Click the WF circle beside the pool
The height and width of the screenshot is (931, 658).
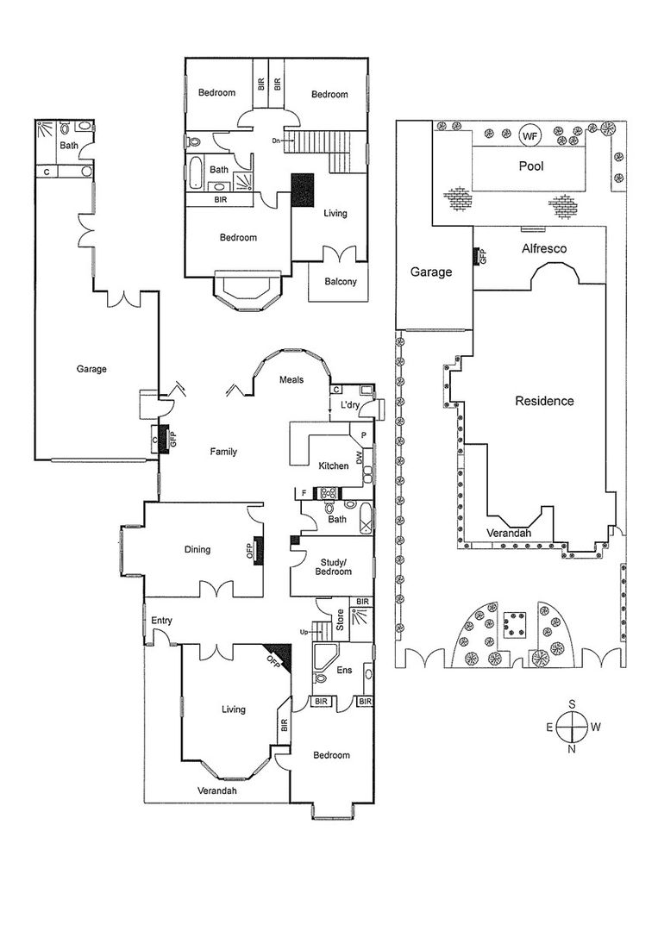click(x=530, y=135)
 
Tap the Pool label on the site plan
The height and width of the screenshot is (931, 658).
click(x=531, y=166)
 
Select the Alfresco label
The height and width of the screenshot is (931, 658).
click(x=544, y=249)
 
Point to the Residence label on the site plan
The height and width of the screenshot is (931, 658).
click(x=544, y=401)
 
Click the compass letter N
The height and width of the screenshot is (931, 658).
click(x=571, y=749)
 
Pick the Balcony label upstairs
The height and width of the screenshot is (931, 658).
click(x=341, y=281)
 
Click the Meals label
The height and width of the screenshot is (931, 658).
click(x=291, y=379)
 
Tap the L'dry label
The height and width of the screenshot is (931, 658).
click(x=350, y=405)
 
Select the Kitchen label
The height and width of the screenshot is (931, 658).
click(x=334, y=466)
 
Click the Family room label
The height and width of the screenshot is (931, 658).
click(x=223, y=452)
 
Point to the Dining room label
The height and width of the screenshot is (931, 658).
click(x=197, y=550)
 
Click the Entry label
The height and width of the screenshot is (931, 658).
click(x=161, y=621)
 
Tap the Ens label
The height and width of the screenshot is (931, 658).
click(x=344, y=671)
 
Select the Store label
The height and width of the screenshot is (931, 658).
click(x=341, y=620)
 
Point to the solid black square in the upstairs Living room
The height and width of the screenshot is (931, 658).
click(x=303, y=191)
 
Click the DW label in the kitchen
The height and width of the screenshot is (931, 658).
click(x=359, y=458)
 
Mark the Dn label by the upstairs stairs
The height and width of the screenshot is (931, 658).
click(x=276, y=141)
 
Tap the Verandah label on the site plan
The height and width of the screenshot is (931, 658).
click(x=508, y=534)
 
